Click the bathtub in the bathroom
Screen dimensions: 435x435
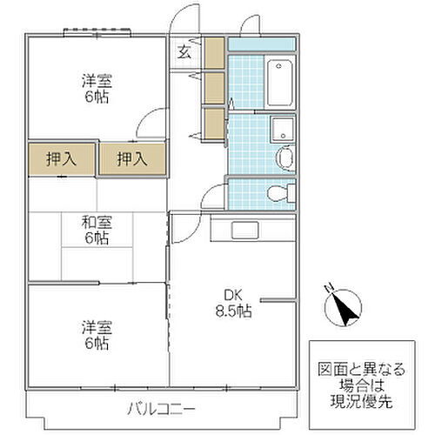pyautogui.click(x=280, y=83)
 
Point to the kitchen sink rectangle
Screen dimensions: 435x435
pyautogui.click(x=243, y=230)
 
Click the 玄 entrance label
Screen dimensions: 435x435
pyautogui.click(x=185, y=51)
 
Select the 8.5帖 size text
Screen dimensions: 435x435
pyautogui.click(x=234, y=311)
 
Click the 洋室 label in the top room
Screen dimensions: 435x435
pyautogui.click(x=97, y=80)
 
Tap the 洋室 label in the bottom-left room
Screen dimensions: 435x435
pyautogui.click(x=97, y=327)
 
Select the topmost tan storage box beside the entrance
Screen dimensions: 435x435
pyautogui.click(x=214, y=53)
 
